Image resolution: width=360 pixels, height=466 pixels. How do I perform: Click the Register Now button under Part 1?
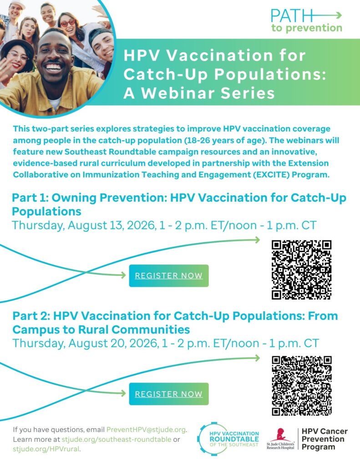coord(169,276)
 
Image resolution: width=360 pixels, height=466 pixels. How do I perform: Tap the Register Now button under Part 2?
coord(169,394)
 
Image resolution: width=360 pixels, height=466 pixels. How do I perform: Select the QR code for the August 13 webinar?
coord(301,270)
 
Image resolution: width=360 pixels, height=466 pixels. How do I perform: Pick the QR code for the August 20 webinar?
coord(301,385)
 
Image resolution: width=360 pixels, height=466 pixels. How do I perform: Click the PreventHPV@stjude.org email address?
coord(146,430)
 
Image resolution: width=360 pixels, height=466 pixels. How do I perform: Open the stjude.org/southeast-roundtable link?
coord(116,439)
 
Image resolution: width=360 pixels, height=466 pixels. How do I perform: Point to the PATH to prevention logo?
coord(306,20)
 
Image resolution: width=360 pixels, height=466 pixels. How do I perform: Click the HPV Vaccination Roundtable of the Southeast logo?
coord(228,439)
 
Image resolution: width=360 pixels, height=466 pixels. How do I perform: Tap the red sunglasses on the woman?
coord(68,23)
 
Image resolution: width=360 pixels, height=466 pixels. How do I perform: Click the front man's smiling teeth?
coord(54,68)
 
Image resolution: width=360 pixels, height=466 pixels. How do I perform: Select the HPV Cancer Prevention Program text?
coord(325,439)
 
